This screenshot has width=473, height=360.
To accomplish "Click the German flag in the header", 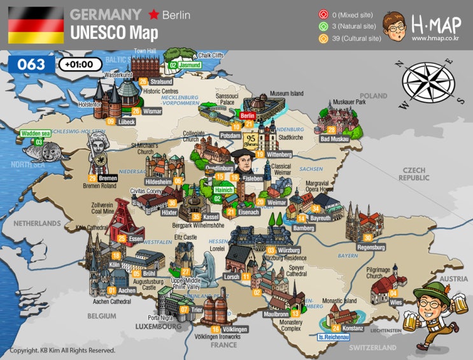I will [x=36, y=25].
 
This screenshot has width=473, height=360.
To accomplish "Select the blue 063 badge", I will [x=31, y=64].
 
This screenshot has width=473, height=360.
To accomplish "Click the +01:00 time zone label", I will [x=80, y=64].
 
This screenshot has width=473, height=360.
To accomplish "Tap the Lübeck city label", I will [x=126, y=121].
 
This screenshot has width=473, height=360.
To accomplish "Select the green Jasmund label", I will [x=190, y=65].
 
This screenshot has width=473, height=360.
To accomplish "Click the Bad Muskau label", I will [x=334, y=139].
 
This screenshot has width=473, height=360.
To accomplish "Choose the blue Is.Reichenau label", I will [x=332, y=337].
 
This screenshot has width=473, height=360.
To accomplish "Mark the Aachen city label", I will [x=127, y=290].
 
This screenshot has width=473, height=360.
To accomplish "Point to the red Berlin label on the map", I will [x=248, y=117].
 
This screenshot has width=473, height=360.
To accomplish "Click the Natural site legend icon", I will [x=323, y=26].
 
